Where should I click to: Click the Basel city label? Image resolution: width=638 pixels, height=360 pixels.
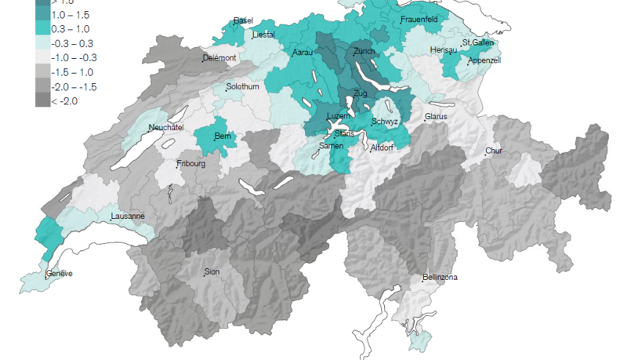243,20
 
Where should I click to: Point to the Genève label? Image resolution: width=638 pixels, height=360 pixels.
59,274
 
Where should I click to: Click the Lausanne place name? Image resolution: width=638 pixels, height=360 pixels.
127,216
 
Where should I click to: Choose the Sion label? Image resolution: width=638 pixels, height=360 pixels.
212,271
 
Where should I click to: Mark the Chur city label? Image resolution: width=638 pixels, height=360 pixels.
494,151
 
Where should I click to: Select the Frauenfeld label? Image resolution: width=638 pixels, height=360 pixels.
419,19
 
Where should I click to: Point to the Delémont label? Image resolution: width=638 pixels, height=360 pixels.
219,58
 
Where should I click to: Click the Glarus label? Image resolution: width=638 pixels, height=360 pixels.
436,117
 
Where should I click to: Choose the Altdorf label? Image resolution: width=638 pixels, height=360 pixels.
382,147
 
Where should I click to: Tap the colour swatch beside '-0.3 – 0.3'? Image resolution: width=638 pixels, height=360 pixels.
42,44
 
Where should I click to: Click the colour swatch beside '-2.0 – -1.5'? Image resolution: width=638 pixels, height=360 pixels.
42,86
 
